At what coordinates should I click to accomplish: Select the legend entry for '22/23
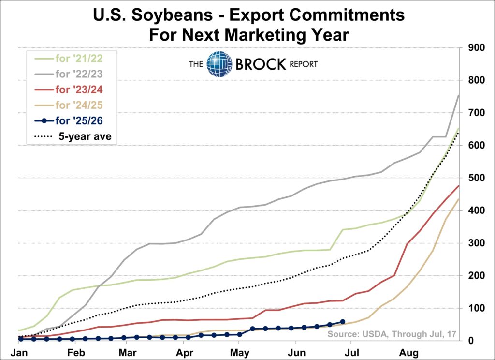79,75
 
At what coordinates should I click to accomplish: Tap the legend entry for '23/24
79,90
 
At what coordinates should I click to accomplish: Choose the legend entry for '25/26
79,120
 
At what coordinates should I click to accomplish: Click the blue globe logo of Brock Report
219,64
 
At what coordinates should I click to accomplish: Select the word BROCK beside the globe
261,64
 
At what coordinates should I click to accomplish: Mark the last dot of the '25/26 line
342,321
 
